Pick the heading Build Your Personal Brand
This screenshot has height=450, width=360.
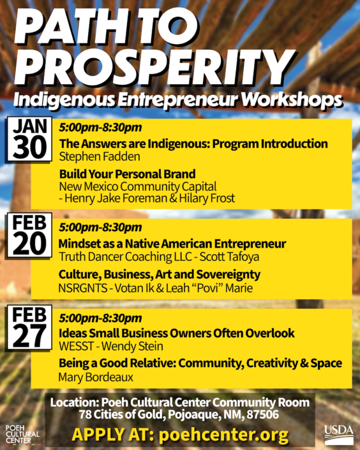(x=127, y=174)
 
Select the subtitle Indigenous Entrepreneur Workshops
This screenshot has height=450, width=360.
(x=178, y=100)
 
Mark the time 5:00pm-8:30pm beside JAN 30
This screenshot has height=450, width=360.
(x=100, y=127)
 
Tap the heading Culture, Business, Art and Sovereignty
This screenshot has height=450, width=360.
(x=159, y=274)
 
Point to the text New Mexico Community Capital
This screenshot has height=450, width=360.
(x=138, y=186)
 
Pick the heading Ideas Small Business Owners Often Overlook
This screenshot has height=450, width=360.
(x=176, y=333)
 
